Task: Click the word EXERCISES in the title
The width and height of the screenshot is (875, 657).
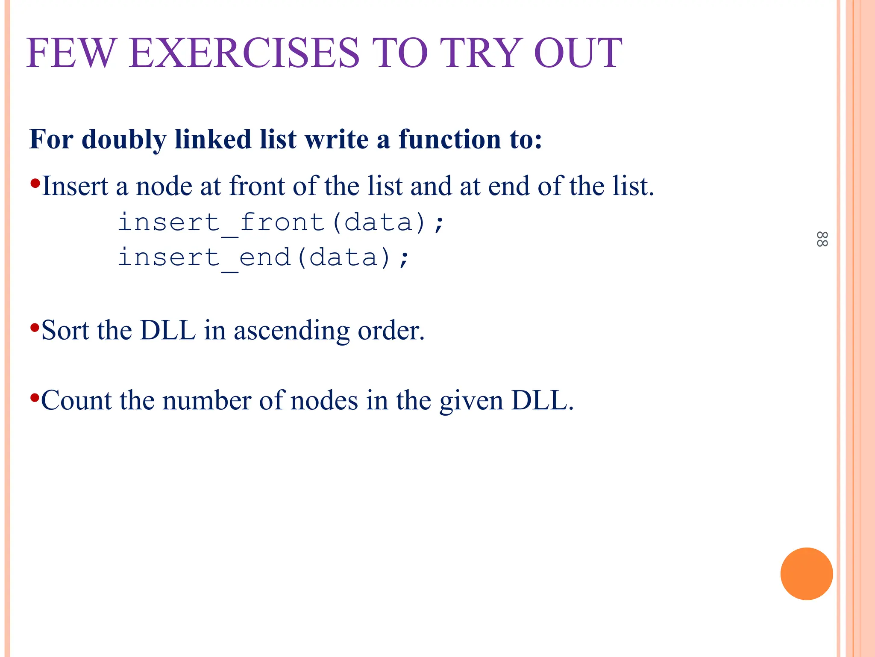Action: click(x=244, y=53)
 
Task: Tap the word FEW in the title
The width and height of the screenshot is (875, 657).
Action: click(x=71, y=53)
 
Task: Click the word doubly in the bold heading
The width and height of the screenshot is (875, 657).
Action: click(x=124, y=139)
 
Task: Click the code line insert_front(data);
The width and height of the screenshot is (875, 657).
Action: click(x=281, y=223)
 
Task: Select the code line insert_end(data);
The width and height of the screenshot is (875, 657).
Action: click(x=264, y=258)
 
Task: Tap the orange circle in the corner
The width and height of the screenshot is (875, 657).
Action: click(x=806, y=574)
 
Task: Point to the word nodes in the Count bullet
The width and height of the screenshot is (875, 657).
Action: click(x=324, y=401)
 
